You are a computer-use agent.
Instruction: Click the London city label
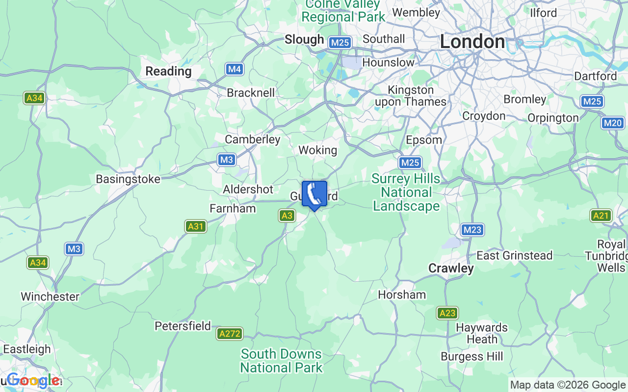coord(472,42)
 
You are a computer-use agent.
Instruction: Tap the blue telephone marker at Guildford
coord(314,195)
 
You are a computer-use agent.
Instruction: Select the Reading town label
coord(168,71)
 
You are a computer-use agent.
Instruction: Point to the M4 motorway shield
coord(235,69)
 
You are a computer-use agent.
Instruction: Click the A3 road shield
coord(287,215)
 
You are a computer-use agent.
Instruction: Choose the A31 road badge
coord(196,226)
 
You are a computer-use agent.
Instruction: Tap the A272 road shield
coord(230,334)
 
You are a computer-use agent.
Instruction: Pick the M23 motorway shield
coord(472,229)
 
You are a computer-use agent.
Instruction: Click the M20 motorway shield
coord(612,123)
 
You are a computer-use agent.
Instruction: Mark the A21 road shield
coord(601,215)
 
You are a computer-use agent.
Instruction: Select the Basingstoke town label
coord(128,179)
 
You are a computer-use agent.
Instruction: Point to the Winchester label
coord(50,296)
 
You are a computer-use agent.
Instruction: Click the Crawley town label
coord(451,268)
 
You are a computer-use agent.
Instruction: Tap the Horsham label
coord(402,294)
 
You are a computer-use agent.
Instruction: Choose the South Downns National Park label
coord(281,360)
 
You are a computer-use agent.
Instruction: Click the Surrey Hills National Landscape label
coord(406,192)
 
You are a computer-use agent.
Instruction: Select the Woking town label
coord(318,150)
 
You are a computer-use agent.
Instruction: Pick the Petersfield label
coord(183,326)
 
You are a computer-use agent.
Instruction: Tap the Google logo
coord(33,380)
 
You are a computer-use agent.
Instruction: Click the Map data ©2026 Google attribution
coord(568,385)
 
